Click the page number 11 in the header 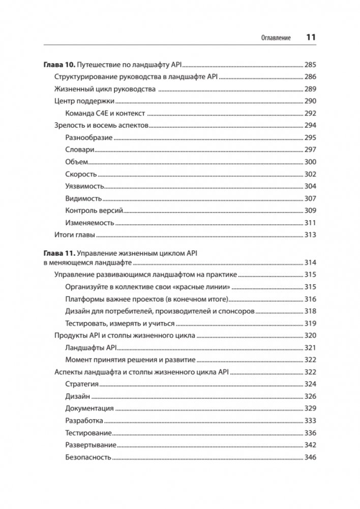pyautogui.click(x=311, y=38)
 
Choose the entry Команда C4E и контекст pyautogui.click(x=105, y=113)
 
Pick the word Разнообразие pyautogui.click(x=88, y=137)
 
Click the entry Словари pyautogui.click(x=80, y=149)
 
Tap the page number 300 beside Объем pyautogui.click(x=310, y=162)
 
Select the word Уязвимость pyautogui.click(x=85, y=186)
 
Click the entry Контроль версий pyautogui.click(x=94, y=211)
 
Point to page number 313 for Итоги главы pyautogui.click(x=310, y=235)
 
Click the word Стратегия pyautogui.click(x=82, y=384)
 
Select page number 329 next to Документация pyautogui.click(x=310, y=408)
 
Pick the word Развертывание pyautogui.click(x=91, y=445)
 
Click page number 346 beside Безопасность pyautogui.click(x=310, y=457)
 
